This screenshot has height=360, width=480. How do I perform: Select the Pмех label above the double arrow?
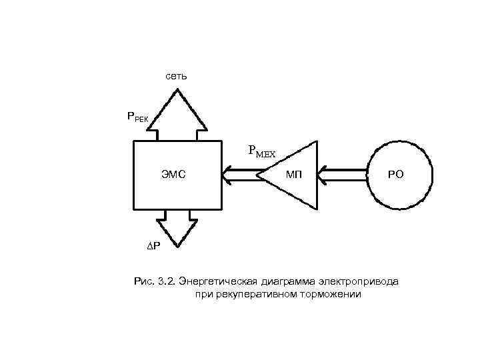(x=261, y=151)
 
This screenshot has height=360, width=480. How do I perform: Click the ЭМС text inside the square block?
(x=173, y=175)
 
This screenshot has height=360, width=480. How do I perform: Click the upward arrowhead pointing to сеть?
(x=177, y=107)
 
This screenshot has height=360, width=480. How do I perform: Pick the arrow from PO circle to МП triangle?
(x=343, y=175)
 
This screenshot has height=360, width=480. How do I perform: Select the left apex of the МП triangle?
(x=259, y=175)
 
